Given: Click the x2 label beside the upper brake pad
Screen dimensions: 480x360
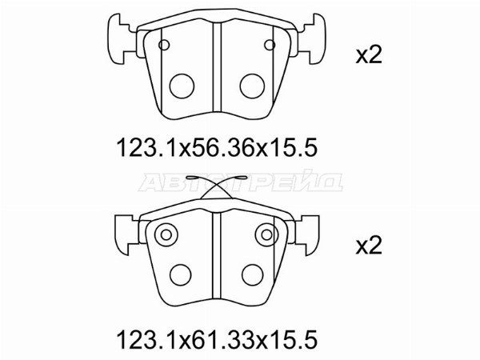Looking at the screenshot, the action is coord(369,56).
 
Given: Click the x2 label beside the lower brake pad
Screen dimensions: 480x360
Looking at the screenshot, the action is coord(369,246).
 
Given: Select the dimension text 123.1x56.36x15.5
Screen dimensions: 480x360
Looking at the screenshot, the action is coord(217,148).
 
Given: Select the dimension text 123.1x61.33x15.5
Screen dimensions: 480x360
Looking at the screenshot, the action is coord(217,339).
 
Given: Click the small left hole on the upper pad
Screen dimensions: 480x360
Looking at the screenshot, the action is coord(164,45).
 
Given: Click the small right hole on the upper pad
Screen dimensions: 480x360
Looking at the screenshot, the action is coord(270,45).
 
